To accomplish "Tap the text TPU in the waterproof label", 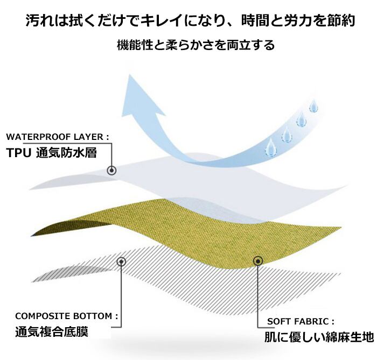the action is [x=19, y=152].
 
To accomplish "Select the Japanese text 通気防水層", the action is [x=67, y=152].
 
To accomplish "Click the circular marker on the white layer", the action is [x=111, y=171].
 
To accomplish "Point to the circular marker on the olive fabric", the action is [x=257, y=262].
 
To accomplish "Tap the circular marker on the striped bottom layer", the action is [x=121, y=262].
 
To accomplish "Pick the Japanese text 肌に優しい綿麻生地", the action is [x=318, y=338].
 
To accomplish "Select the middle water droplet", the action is [x=286, y=132].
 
